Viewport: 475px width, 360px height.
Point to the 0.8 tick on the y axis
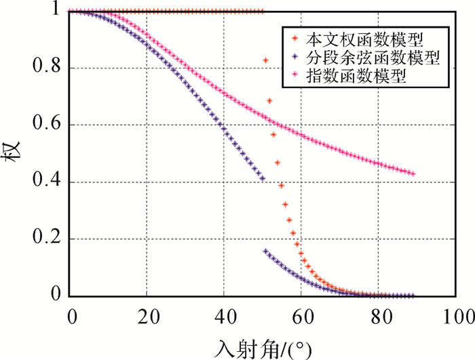(x=48, y=68)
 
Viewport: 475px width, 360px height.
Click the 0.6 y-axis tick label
(x=48, y=125)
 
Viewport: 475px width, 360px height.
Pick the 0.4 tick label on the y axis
(x=48, y=182)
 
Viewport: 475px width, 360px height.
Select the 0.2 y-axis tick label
(x=48, y=239)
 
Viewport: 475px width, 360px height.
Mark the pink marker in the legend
(x=292, y=77)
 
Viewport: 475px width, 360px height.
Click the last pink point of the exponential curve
(x=413, y=174)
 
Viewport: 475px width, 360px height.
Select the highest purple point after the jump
(x=265, y=251)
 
